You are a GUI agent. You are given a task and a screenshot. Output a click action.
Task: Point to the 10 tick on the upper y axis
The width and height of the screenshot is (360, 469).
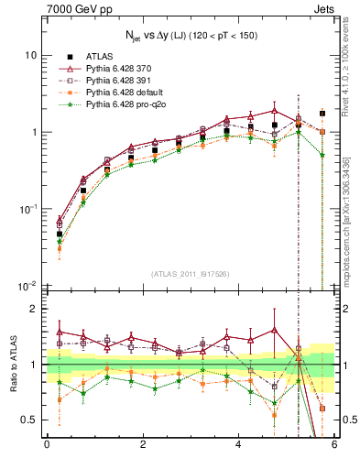pos(30,55)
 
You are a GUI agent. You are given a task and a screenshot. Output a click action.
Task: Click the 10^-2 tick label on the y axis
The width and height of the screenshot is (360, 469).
pos(27,287)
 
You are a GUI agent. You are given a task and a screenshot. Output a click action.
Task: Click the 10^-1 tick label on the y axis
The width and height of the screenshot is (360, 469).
pos(27,210)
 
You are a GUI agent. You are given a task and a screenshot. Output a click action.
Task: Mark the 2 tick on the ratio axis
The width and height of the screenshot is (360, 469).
pos(33,309)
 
